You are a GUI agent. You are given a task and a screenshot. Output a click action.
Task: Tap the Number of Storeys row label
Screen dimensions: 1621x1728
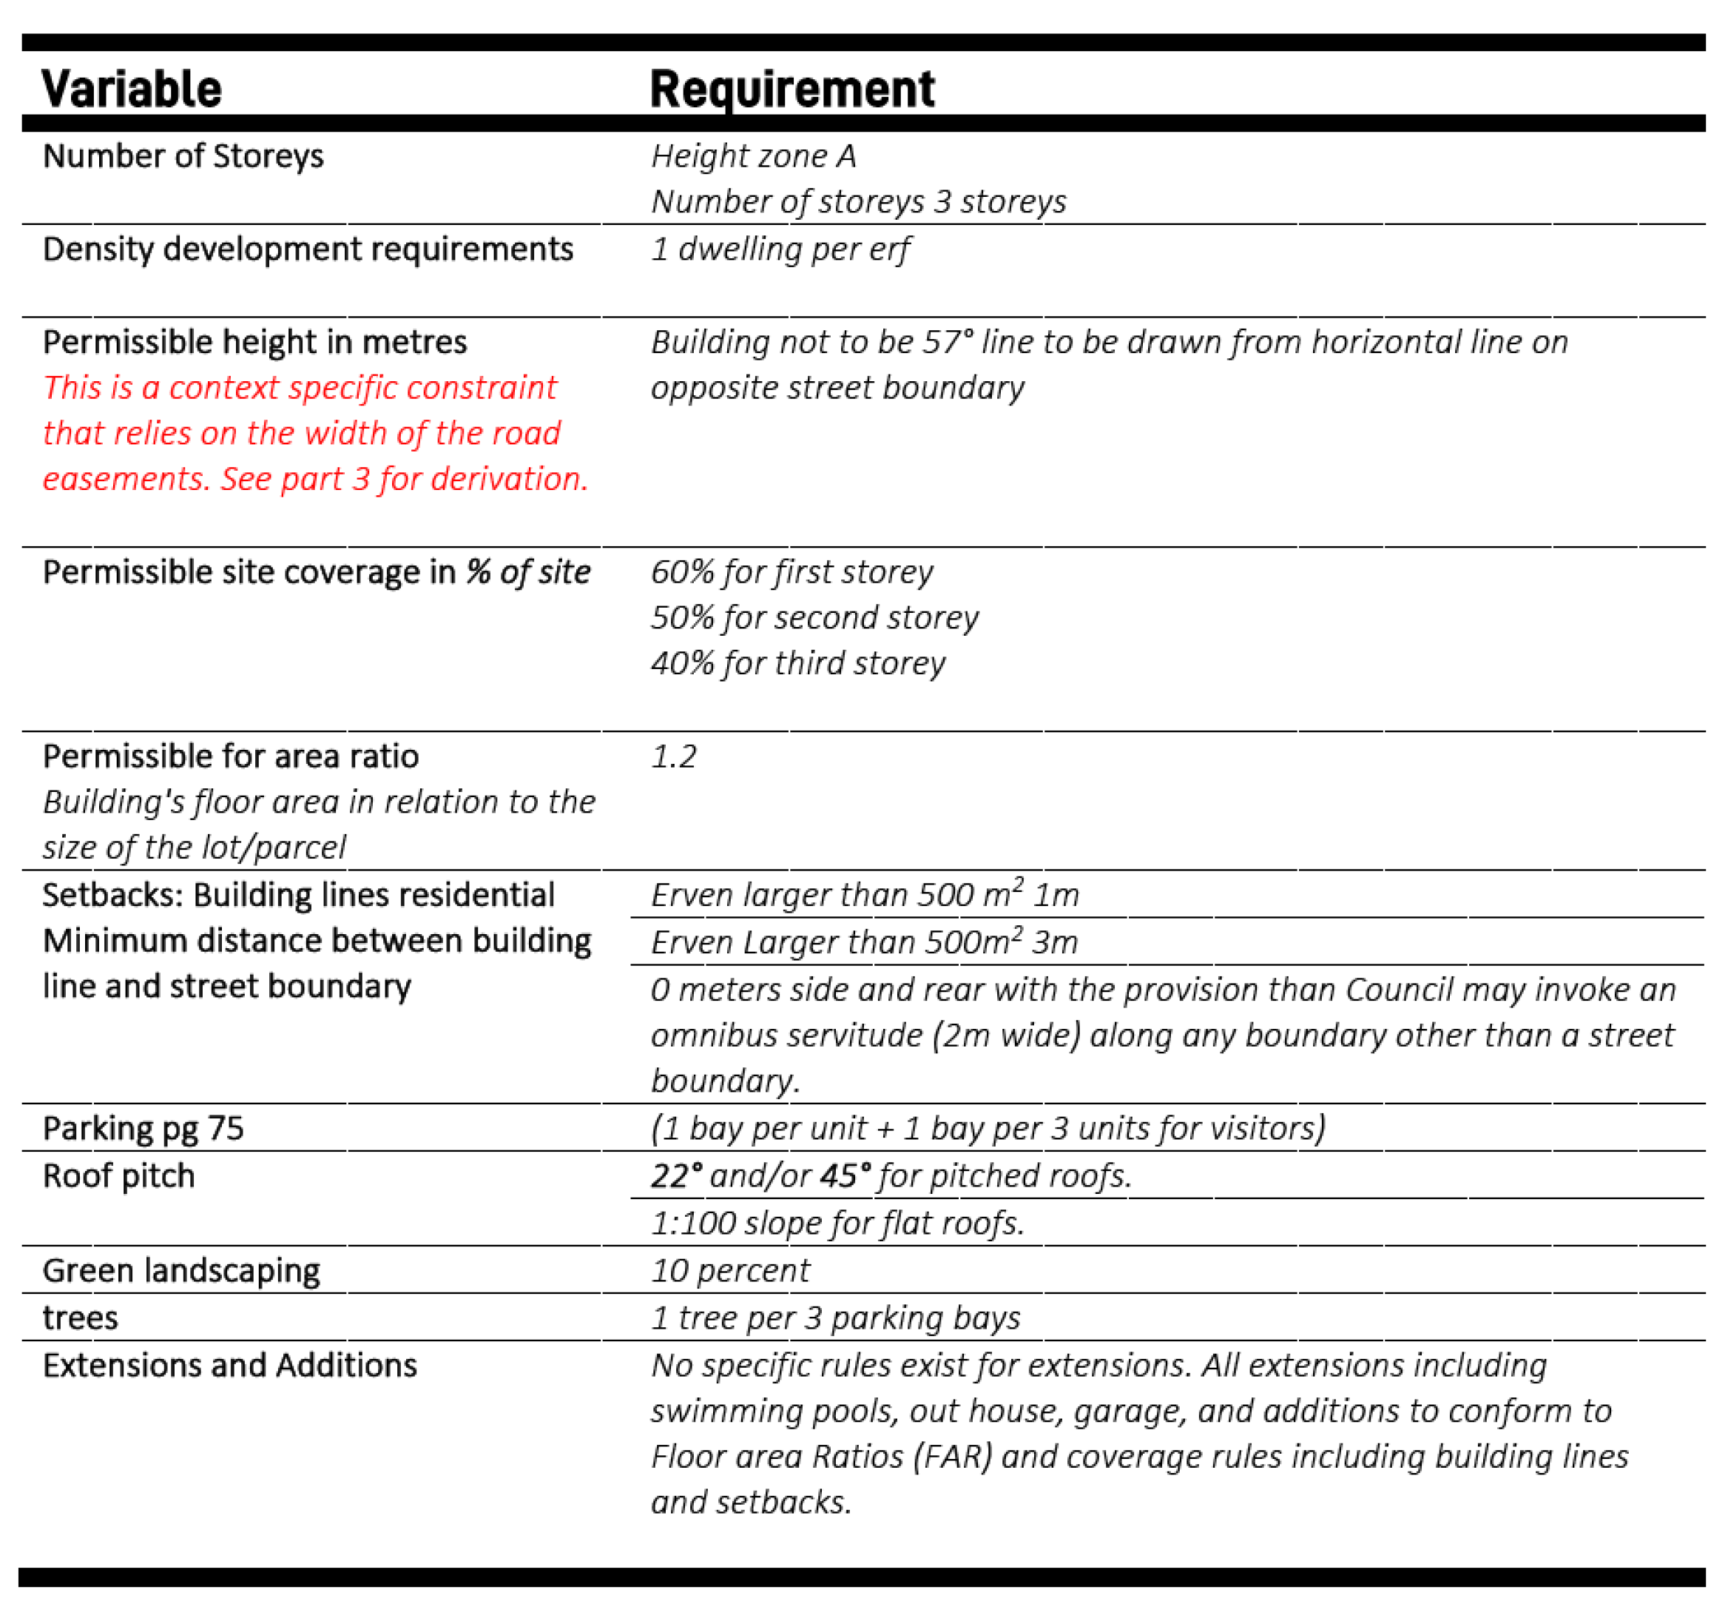183,156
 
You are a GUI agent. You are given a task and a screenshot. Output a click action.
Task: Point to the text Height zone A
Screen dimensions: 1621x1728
754,156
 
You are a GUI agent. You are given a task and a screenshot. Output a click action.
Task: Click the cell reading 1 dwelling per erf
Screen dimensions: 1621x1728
780,249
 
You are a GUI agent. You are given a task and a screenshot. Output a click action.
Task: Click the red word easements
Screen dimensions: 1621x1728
127,479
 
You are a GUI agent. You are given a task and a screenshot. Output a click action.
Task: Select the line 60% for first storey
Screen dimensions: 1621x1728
792,572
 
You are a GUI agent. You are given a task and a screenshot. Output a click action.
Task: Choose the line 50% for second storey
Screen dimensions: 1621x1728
814,617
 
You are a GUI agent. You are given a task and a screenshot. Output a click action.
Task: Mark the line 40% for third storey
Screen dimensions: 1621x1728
798,663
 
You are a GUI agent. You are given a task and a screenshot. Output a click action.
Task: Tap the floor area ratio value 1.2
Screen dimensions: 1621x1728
674,756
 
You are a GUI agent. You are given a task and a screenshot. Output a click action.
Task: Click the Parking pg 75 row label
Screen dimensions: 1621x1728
144,1129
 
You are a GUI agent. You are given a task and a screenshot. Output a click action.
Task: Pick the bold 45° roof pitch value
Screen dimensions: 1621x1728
844,1175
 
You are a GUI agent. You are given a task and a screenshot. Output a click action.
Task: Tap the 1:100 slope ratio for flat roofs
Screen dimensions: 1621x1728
693,1224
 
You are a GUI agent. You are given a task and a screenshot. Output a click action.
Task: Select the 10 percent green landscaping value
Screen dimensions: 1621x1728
730,1271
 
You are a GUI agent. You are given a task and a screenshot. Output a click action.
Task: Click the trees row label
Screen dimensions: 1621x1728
80,1318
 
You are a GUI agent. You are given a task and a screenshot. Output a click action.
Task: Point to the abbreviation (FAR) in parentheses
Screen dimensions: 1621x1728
953,1457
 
